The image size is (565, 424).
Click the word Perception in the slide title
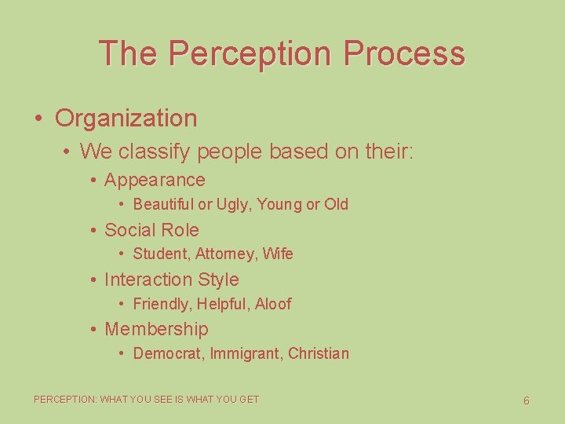tap(250, 53)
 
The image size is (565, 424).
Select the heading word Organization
tap(126, 119)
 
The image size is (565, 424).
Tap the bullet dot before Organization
tap(38, 119)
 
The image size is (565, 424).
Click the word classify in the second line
tap(157, 151)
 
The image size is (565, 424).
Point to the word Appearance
tap(155, 180)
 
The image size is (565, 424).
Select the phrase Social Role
tap(151, 230)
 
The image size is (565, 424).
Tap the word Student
tap(161, 254)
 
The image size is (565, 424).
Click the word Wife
tap(278, 254)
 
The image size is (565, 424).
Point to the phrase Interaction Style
tap(171, 280)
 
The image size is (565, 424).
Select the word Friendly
tap(162, 304)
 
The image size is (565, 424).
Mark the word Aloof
tap(273, 304)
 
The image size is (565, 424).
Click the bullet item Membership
tap(156, 329)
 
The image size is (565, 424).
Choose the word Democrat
tap(167, 353)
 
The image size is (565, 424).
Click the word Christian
tap(319, 353)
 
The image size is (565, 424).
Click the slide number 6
tap(526, 400)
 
